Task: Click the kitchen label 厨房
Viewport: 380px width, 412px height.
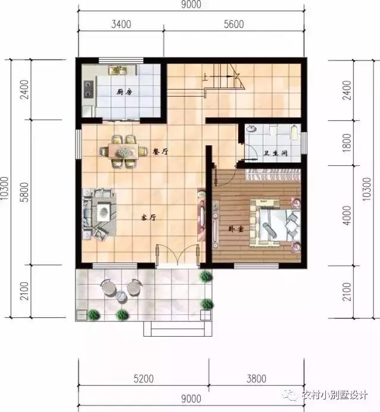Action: pyautogui.click(x=123, y=92)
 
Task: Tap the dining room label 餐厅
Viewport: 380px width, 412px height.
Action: pyautogui.click(x=160, y=152)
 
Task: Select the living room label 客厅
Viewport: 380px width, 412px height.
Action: pyautogui.click(x=148, y=218)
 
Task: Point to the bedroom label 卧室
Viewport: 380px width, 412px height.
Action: pyautogui.click(x=236, y=229)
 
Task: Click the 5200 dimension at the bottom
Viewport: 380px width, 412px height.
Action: pyautogui.click(x=143, y=378)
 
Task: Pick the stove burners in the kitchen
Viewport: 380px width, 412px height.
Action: pyautogui.click(x=90, y=90)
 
